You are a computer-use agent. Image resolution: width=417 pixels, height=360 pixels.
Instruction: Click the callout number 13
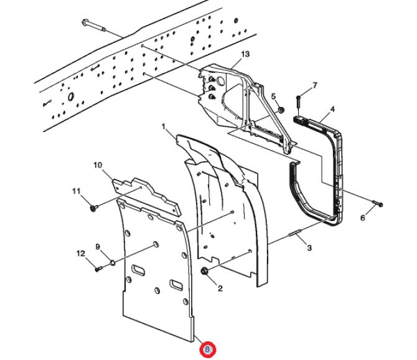pyautogui.click(x=245, y=54)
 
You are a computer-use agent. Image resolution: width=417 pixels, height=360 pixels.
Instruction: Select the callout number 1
pyautogui.click(x=164, y=126)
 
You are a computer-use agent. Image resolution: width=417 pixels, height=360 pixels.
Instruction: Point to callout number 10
pyautogui.click(x=98, y=165)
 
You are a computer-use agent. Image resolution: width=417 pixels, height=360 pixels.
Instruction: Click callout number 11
pyautogui.click(x=77, y=191)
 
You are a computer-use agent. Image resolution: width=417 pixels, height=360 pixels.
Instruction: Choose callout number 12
pyautogui.click(x=80, y=253)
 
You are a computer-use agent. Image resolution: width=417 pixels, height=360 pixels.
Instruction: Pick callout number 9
pyautogui.click(x=98, y=247)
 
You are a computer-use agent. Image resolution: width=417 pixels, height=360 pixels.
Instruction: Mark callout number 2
pyautogui.click(x=219, y=288)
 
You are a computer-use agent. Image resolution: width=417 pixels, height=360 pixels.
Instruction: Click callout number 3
pyautogui.click(x=309, y=249)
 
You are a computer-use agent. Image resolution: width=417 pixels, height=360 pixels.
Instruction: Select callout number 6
pyautogui.click(x=363, y=217)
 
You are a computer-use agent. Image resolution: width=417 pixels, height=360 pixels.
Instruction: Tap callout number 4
pyautogui.click(x=332, y=109)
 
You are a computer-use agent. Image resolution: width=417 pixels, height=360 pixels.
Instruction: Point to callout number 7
pyautogui.click(x=315, y=85)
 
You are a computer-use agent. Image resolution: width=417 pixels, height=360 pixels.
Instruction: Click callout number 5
pyautogui.click(x=273, y=95)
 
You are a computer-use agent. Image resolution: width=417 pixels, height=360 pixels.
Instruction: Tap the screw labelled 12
pyautogui.click(x=98, y=268)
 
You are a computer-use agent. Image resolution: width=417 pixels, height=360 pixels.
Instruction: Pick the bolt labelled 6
pyautogui.click(x=378, y=204)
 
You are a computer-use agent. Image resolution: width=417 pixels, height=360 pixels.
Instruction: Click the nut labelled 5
pyautogui.click(x=281, y=111)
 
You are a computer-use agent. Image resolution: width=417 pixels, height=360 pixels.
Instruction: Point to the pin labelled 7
pyautogui.click(x=300, y=98)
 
